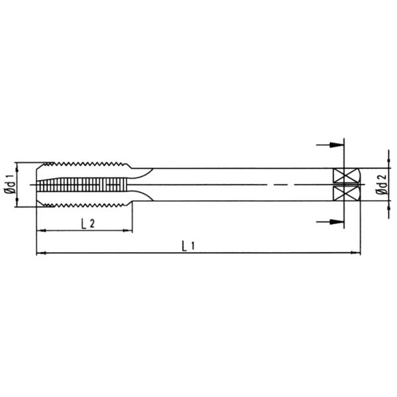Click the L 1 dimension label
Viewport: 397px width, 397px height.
coord(187,245)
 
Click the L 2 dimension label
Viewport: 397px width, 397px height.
coord(87,223)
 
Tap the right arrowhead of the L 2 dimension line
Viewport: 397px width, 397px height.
coord(127,230)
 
